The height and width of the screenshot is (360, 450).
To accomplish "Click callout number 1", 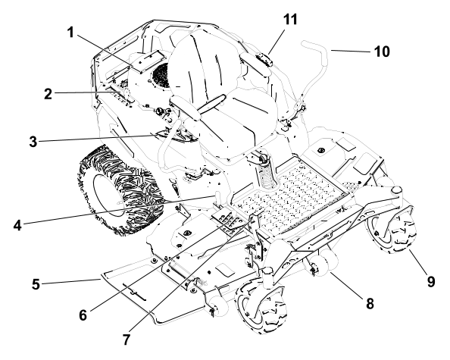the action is [x=70, y=33].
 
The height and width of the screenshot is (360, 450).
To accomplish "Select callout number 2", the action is [x=48, y=94].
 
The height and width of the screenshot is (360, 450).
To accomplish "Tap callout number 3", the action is [x=33, y=142].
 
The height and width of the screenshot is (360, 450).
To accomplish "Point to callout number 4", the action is [x=17, y=225].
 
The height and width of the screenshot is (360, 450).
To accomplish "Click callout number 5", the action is [x=36, y=284].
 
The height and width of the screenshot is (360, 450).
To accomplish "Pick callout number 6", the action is [x=83, y=315].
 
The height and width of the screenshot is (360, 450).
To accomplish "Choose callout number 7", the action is [x=127, y=340].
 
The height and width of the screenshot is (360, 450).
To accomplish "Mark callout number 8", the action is [x=370, y=303].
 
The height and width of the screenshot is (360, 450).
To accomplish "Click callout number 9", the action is [x=431, y=281].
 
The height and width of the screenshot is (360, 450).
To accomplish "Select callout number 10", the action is [x=382, y=52].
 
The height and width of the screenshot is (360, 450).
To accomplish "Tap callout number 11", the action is [x=290, y=20].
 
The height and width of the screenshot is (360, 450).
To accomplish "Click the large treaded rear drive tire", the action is [x=120, y=191].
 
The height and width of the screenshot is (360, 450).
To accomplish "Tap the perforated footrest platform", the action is [x=290, y=198].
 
